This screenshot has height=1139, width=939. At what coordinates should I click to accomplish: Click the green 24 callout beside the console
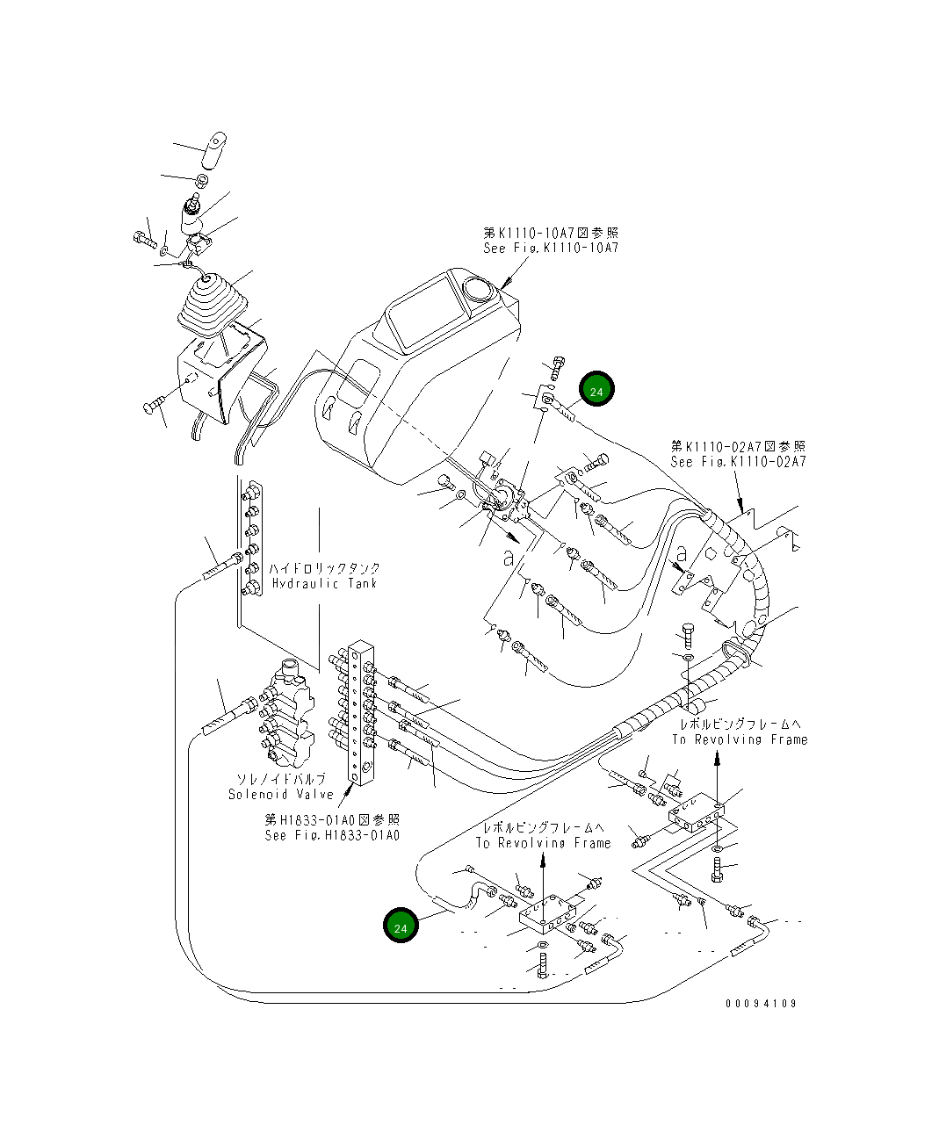[x=596, y=389]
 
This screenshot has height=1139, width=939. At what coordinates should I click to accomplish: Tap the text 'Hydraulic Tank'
[x=325, y=583]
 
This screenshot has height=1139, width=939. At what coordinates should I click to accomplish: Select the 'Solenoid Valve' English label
[x=281, y=794]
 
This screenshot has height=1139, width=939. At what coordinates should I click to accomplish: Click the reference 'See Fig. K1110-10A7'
[x=551, y=248]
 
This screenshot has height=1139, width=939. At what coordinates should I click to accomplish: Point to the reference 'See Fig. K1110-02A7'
[x=738, y=462]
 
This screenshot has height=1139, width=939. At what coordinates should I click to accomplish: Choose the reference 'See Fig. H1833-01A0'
[x=332, y=835]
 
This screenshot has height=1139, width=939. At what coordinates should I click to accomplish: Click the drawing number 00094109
[x=762, y=1003]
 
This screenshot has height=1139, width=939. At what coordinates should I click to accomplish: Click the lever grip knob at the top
[x=213, y=150]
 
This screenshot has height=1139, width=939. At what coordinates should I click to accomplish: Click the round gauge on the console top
[x=479, y=289]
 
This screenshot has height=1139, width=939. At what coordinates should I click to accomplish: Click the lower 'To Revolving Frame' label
[x=543, y=843]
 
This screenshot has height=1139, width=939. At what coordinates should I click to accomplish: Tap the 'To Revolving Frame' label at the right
[x=740, y=739]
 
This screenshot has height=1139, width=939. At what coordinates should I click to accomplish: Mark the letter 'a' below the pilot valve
[x=509, y=558]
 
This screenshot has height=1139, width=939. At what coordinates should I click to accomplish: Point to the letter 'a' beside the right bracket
[x=681, y=553]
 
